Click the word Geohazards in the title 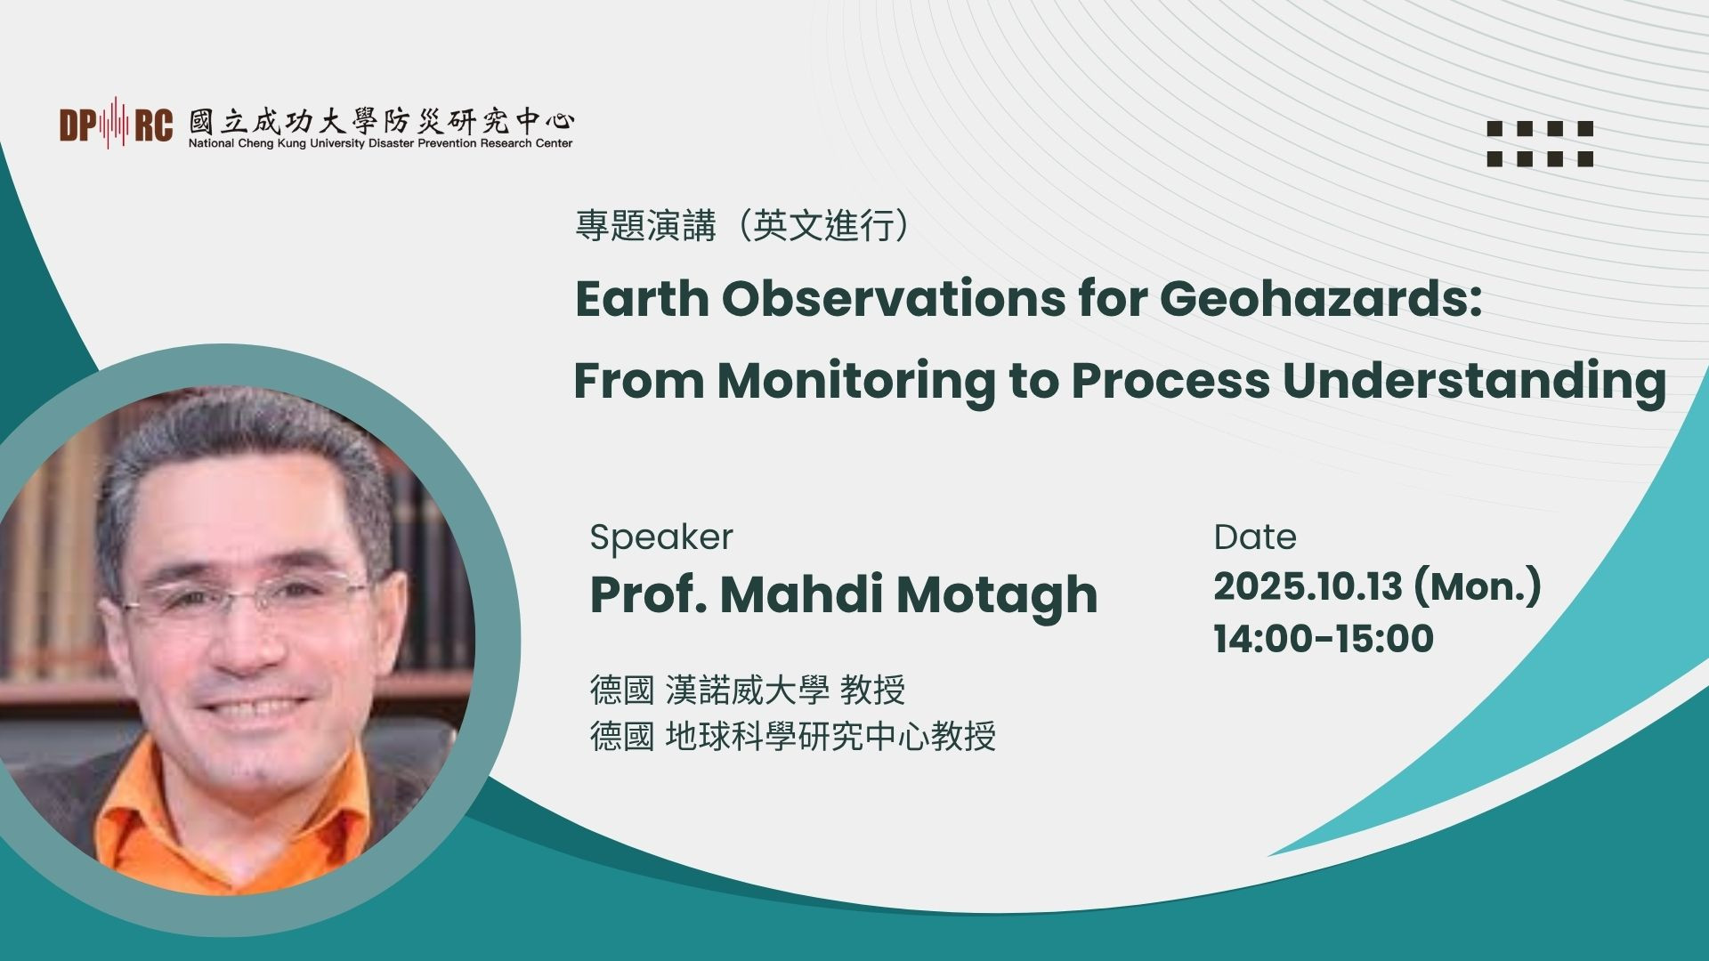1320,299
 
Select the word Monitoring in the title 856,382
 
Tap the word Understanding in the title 1474,382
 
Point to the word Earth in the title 640,299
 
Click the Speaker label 661,538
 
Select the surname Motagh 997,595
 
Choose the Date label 1255,537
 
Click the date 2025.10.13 1308,587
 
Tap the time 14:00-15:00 1324,639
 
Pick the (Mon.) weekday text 1477,588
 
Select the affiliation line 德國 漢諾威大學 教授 748,690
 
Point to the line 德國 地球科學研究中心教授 793,736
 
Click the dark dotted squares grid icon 1540,143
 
